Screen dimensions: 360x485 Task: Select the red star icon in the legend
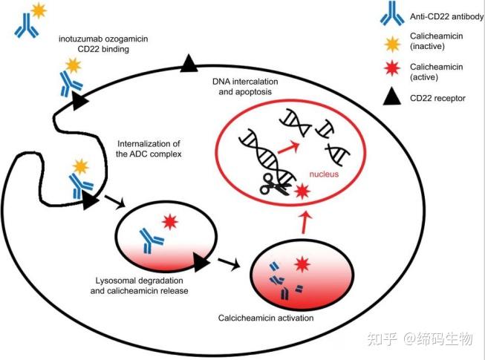[394, 70]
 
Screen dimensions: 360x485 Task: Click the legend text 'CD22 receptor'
[438, 97]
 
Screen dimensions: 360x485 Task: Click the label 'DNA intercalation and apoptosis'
[244, 85]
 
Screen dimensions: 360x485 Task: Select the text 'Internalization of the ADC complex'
[149, 148]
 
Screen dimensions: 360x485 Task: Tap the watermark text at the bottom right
[426, 339]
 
